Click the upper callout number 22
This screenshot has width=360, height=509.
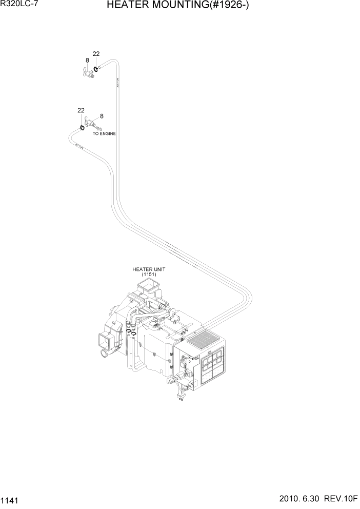click(96, 54)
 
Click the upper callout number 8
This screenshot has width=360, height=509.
click(87, 60)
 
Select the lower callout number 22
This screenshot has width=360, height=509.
click(81, 110)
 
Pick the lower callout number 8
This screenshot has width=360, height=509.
click(102, 116)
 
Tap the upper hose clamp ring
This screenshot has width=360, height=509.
click(96, 66)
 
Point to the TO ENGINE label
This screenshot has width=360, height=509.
click(104, 133)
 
